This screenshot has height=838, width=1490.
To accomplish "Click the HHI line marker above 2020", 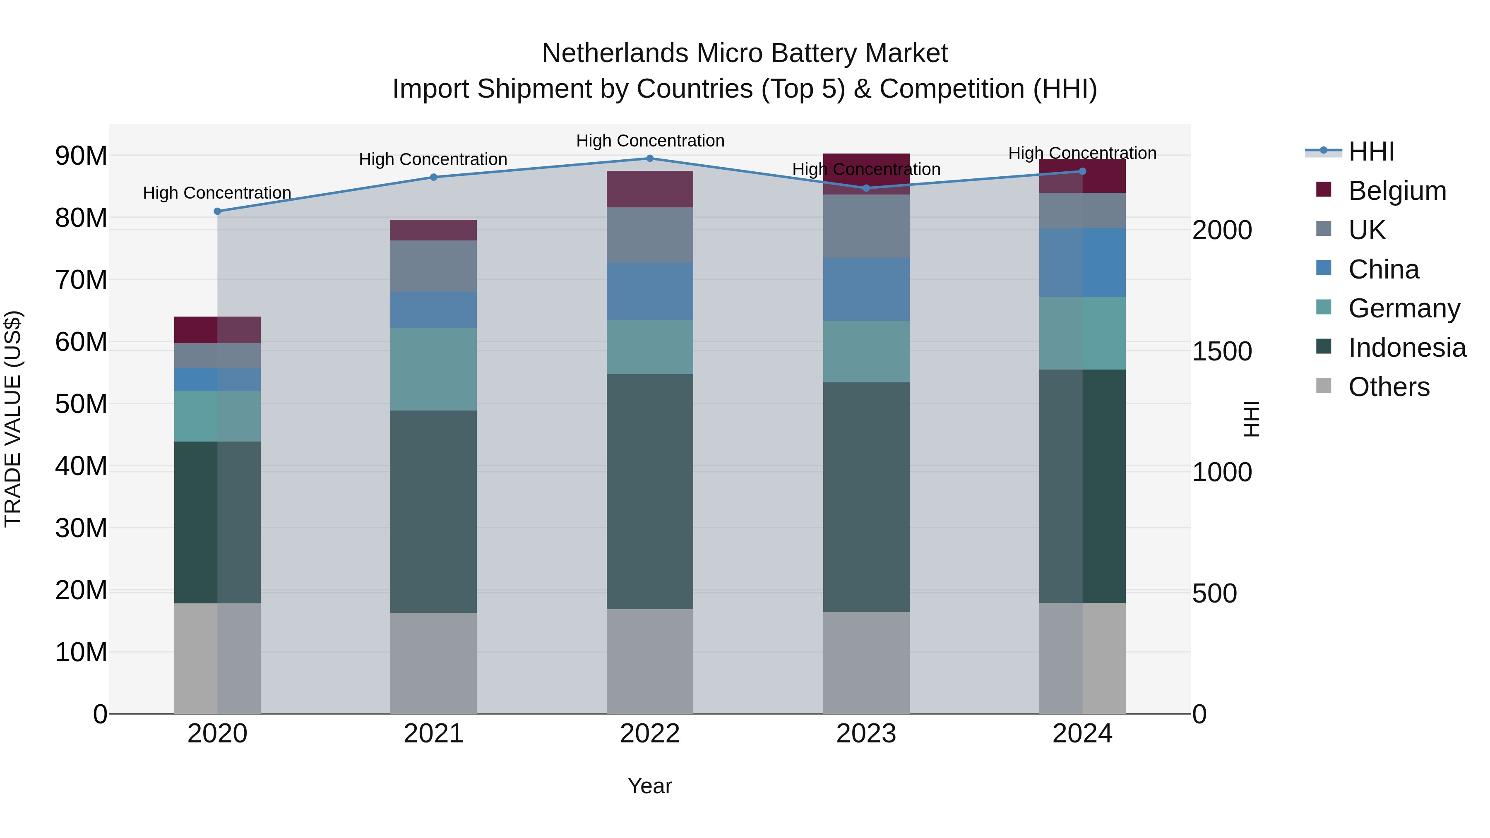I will pyautogui.click(x=217, y=211).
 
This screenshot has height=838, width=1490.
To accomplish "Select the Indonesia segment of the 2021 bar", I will pyautogui.click(x=433, y=512).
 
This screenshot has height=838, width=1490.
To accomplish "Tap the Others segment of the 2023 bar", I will pyautogui.click(x=866, y=663).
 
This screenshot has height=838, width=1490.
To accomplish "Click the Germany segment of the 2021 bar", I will pyautogui.click(x=433, y=369).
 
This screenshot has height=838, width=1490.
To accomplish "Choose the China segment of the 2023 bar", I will pyautogui.click(x=866, y=289).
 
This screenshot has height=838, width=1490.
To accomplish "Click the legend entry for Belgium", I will pyautogui.click(x=1397, y=191).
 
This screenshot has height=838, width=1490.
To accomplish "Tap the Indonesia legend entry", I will pyautogui.click(x=1407, y=348).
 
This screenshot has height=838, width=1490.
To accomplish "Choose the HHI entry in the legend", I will pyautogui.click(x=1371, y=151).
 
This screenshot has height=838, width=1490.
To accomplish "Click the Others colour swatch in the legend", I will pyautogui.click(x=1324, y=386).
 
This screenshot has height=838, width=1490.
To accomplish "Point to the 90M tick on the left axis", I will pyautogui.click(x=81, y=156).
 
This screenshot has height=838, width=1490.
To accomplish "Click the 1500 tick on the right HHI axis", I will pyautogui.click(x=1222, y=351).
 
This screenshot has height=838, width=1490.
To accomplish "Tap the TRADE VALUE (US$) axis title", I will pyautogui.click(x=13, y=419).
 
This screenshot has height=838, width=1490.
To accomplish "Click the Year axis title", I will pyautogui.click(x=649, y=786).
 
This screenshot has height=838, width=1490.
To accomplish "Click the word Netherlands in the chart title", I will pyautogui.click(x=615, y=53).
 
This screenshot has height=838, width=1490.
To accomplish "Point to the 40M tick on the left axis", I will pyautogui.click(x=81, y=466).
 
